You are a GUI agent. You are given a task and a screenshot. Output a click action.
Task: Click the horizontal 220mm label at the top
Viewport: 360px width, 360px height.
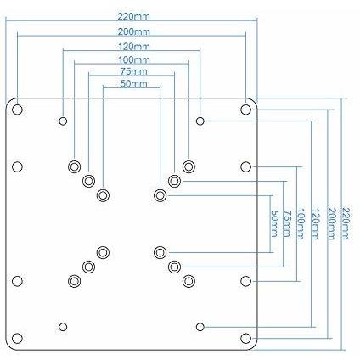click(x=133, y=17)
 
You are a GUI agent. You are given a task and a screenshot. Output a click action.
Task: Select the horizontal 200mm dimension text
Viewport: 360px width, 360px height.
click(x=133, y=31)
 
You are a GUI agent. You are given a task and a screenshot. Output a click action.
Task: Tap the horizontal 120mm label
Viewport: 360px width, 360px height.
click(x=133, y=46)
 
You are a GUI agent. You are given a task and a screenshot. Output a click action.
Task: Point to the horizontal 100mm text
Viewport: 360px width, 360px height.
click(x=133, y=60)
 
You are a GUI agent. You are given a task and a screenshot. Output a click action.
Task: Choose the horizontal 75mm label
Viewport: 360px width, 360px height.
click(x=133, y=71)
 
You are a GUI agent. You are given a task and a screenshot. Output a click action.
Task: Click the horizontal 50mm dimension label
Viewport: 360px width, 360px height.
click(x=133, y=84)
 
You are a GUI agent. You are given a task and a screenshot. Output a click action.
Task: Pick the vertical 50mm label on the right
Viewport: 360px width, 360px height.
click(x=274, y=223)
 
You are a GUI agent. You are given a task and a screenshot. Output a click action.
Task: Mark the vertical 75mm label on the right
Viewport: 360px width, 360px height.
click(x=287, y=223)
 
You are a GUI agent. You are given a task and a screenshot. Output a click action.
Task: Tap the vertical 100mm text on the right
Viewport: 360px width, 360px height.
click(x=301, y=224)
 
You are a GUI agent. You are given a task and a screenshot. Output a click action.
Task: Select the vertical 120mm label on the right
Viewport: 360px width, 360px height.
click(x=316, y=224)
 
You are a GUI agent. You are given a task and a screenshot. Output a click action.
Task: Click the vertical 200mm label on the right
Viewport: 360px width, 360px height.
click(x=331, y=224)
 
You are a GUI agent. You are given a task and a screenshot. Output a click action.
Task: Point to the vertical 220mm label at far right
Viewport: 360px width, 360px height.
click(x=346, y=223)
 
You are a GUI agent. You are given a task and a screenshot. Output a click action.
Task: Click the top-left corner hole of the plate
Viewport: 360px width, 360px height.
click(x=17, y=110)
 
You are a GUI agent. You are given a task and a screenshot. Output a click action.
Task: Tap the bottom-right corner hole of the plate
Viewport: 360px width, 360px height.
click(x=245, y=338)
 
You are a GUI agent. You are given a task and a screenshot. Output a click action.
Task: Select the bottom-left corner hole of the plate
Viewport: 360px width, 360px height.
click(x=17, y=338)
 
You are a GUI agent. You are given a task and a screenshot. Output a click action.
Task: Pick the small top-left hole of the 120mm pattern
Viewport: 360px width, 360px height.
click(x=63, y=121)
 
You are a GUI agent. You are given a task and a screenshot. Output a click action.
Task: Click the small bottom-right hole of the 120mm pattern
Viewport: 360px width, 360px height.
click(x=200, y=327)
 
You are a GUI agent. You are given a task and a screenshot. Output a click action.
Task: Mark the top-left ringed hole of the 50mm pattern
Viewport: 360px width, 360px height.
click(x=103, y=195)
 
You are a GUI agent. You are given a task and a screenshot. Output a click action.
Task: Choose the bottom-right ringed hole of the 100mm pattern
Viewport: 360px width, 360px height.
click(x=188, y=281)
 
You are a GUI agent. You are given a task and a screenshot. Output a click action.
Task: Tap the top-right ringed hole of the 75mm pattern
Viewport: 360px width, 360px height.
click(x=174, y=181)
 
